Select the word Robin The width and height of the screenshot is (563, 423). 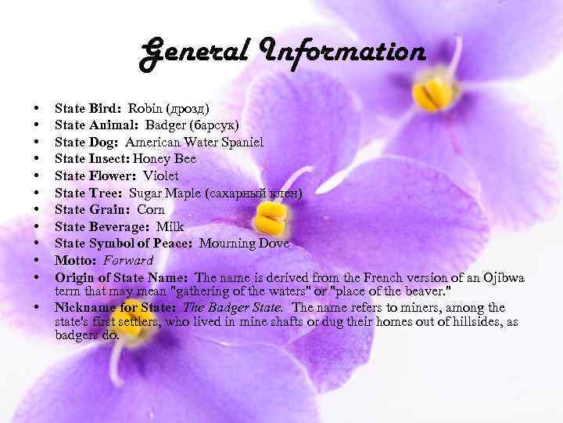(x=144, y=108)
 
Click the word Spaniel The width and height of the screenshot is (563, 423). (x=238, y=142)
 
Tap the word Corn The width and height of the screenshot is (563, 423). (x=151, y=209)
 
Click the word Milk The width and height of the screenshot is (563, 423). (x=170, y=226)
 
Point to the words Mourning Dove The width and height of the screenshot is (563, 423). (x=244, y=244)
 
